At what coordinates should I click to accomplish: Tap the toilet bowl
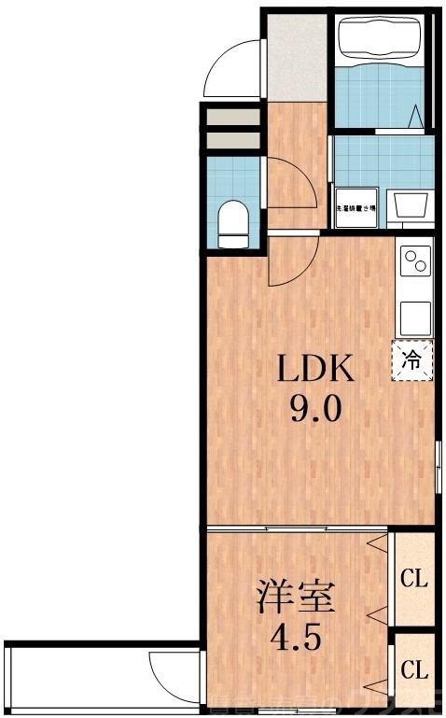tap(231, 225)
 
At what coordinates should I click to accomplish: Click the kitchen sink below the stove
tap(414, 317)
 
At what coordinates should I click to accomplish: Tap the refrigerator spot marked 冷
tap(412, 358)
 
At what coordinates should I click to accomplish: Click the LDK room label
tap(313, 370)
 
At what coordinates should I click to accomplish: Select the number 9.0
tap(314, 408)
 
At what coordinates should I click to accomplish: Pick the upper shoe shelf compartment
tap(233, 119)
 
